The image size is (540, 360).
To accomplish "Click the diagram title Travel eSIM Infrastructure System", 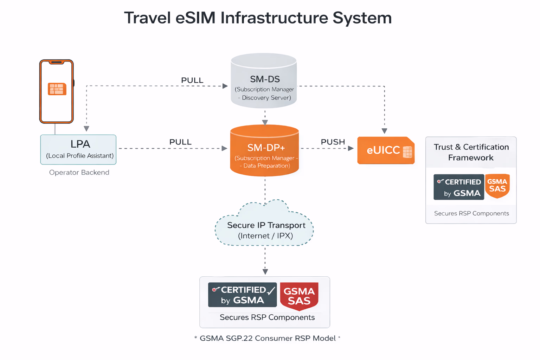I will point(258,18).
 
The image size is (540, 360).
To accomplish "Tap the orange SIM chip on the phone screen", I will point(57,89).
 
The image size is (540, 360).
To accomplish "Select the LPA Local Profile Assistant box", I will point(78,149).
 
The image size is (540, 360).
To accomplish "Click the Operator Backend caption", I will point(79,172).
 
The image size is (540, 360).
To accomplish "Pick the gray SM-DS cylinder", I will point(264,81).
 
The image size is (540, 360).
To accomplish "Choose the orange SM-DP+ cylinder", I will point(264,151).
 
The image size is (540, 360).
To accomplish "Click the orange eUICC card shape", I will point(383,150).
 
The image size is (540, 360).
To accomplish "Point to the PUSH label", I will point(333,142).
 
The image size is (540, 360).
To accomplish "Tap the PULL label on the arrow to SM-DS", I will point(192,80).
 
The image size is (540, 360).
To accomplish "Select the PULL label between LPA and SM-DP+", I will point(180,142).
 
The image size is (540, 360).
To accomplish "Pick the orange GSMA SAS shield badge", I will point(497,185).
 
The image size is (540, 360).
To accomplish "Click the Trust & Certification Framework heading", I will point(471,152).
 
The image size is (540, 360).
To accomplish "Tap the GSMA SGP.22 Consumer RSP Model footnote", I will point(267,338).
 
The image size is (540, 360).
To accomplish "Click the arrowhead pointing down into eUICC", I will point(384,131).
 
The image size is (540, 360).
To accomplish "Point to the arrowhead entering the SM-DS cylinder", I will point(225,86).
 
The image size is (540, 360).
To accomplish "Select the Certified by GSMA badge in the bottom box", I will point(242,295).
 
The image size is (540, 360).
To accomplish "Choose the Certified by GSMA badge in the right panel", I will point(458,187).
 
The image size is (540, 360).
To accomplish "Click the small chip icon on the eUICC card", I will point(407,152).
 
